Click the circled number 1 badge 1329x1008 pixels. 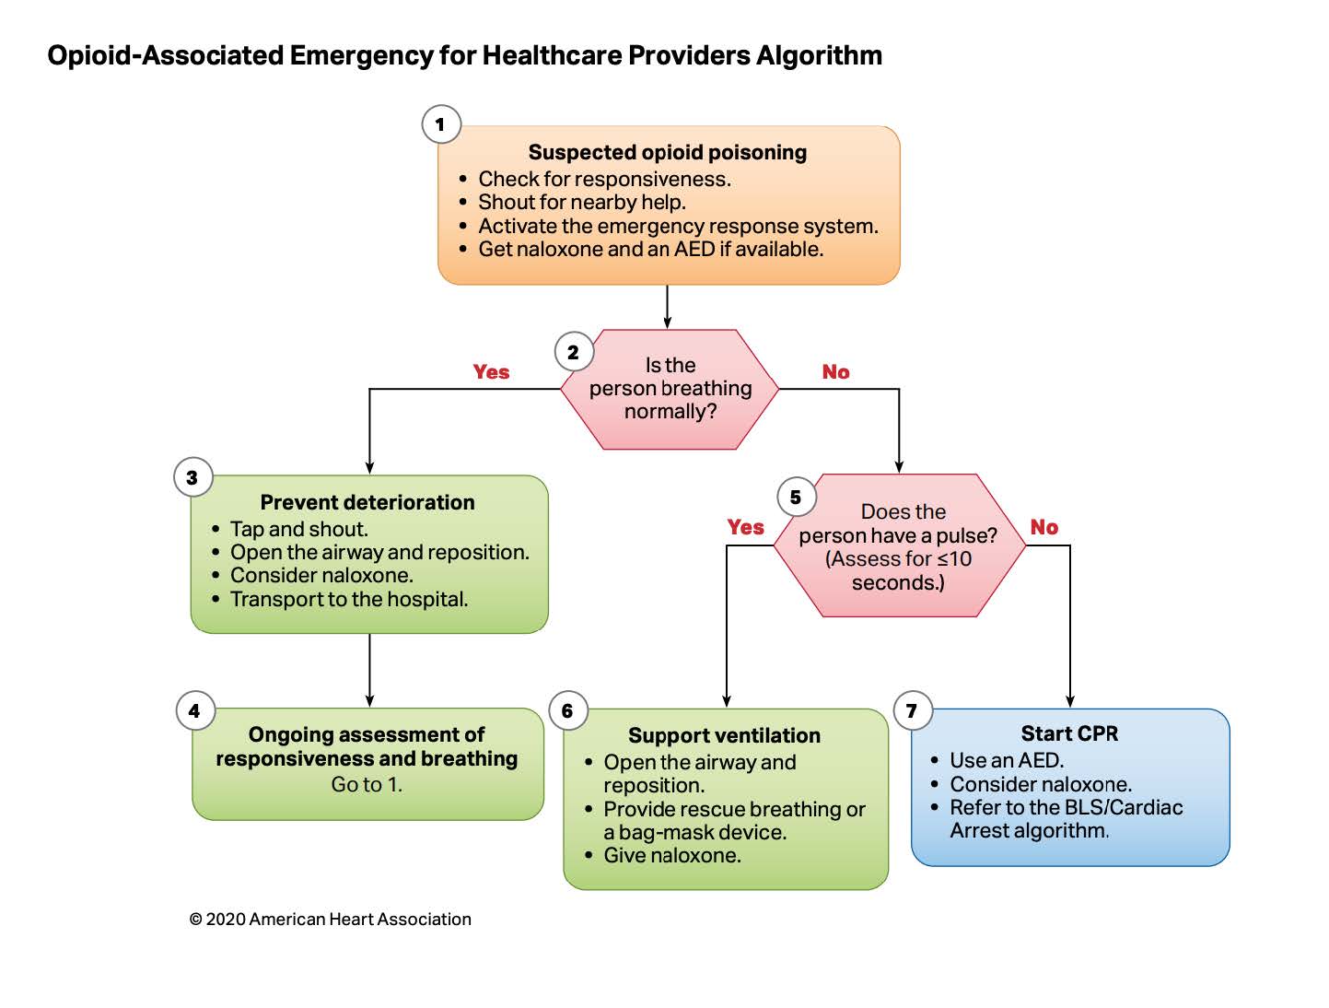(441, 124)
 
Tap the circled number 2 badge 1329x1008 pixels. (574, 352)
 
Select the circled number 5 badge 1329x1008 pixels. (796, 497)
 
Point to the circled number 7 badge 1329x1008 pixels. (913, 710)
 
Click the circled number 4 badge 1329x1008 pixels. (195, 710)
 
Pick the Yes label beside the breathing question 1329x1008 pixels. (491, 371)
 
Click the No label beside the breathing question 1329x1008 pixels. (835, 371)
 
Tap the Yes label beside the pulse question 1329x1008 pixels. (745, 526)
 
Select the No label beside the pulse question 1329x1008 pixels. (1044, 526)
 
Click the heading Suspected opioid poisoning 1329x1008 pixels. (667, 152)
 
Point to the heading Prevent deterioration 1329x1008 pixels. (367, 502)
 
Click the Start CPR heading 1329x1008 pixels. (1069, 733)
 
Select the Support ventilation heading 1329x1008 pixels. (724, 735)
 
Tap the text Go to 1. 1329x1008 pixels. (367, 784)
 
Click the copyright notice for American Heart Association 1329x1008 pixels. (331, 919)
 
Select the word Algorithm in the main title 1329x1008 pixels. (819, 55)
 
